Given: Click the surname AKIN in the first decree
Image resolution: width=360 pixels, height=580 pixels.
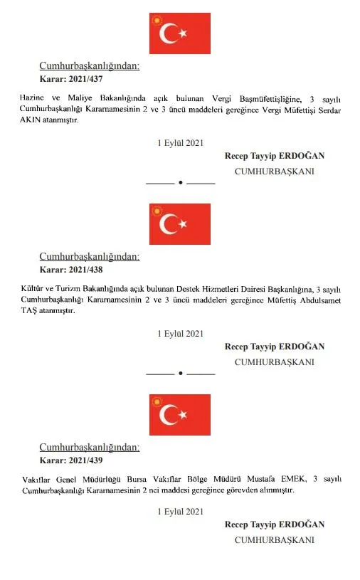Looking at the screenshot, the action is [x=33, y=121].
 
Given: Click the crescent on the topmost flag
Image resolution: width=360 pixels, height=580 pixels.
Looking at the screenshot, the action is [x=170, y=34].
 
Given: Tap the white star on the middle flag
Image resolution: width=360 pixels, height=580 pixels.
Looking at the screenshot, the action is [x=184, y=224].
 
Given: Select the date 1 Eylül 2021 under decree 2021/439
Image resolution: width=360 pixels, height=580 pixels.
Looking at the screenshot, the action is [x=180, y=512].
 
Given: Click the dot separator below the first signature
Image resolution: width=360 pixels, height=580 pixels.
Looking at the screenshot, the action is [x=180, y=183].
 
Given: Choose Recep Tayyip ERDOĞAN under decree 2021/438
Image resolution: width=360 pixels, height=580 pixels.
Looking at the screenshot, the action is [x=274, y=347].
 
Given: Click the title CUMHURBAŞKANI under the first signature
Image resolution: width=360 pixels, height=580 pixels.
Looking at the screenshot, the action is [x=274, y=172].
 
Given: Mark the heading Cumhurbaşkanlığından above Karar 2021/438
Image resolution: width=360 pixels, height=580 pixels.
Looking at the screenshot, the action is [x=89, y=257].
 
